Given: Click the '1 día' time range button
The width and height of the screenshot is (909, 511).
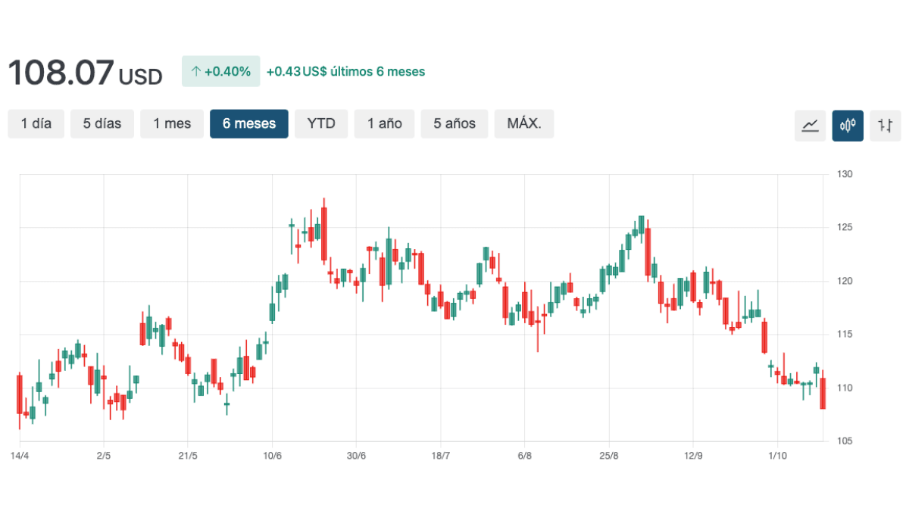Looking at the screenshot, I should [36, 124].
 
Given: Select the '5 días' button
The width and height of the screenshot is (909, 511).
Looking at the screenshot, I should [102, 124].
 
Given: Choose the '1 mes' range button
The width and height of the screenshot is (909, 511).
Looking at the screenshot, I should [172, 124].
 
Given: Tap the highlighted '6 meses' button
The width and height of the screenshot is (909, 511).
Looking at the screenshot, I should [248, 124].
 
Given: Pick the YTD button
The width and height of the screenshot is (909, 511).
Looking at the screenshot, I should [321, 124].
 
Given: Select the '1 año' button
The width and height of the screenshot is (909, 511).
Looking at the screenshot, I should [385, 124].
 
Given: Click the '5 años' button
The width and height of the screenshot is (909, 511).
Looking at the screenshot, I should [454, 124].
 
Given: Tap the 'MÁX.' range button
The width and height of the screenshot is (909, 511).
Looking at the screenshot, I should [524, 124].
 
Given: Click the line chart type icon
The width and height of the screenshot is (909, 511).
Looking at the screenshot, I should [810, 126].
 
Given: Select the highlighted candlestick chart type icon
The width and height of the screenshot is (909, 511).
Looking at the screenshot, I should [848, 126].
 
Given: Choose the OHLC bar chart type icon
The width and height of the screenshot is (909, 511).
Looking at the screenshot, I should [886, 126].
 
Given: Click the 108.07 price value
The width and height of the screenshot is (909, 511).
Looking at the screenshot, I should [61, 73].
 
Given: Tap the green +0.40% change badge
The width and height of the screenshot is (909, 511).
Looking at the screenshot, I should [220, 72].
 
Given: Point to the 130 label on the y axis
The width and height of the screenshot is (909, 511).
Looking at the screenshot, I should [845, 174].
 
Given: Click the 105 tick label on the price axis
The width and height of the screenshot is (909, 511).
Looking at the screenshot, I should [845, 441].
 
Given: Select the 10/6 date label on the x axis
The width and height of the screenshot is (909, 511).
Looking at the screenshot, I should [272, 456].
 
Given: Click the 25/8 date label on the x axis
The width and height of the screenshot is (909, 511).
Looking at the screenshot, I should [609, 456].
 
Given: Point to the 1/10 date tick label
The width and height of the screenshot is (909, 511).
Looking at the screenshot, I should [777, 456].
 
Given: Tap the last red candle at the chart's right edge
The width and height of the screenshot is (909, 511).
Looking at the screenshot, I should [823, 394].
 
